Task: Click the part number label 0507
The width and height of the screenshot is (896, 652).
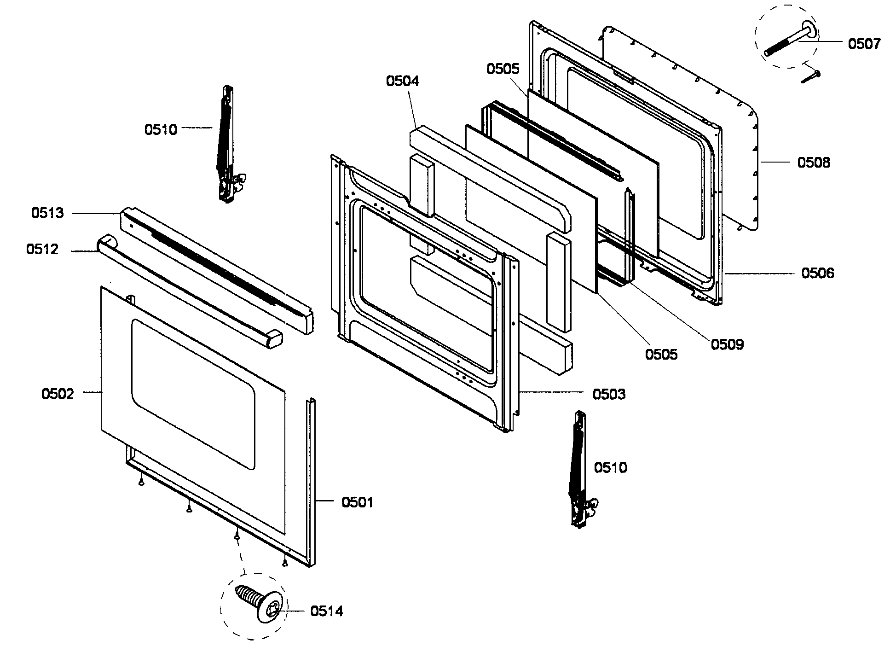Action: pyautogui.click(x=864, y=44)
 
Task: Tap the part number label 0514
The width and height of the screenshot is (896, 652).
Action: pyautogui.click(x=326, y=611)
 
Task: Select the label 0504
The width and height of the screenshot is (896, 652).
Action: pyautogui.click(x=402, y=81)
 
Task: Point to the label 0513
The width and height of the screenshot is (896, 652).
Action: pyautogui.click(x=47, y=213)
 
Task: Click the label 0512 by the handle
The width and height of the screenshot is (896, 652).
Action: pyautogui.click(x=42, y=250)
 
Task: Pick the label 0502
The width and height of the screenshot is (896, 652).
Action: pyautogui.click(x=58, y=394)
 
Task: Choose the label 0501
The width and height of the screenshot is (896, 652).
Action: pyautogui.click(x=357, y=502)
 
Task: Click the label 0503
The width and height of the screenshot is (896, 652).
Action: pyautogui.click(x=609, y=395)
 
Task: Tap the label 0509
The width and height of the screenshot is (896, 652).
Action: pyautogui.click(x=727, y=344)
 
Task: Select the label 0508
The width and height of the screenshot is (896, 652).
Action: pyautogui.click(x=814, y=163)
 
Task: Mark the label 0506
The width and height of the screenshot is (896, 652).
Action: pyautogui.click(x=818, y=274)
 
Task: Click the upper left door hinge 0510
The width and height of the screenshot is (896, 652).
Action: pyautogui.click(x=226, y=145)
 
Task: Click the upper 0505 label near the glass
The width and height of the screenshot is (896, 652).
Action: pyautogui.click(x=503, y=69)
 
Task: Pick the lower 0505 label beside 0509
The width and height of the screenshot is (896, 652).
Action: pyautogui.click(x=661, y=354)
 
